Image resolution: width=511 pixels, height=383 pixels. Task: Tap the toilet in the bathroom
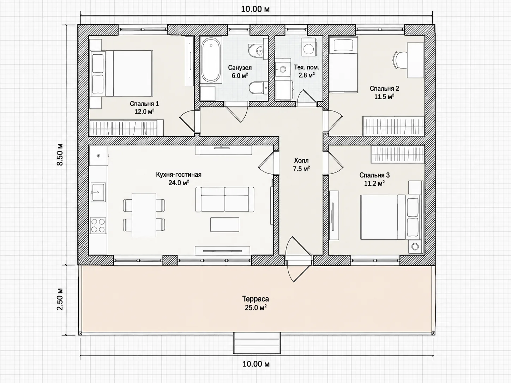point(258,88)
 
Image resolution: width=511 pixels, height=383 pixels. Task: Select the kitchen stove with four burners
point(98,226)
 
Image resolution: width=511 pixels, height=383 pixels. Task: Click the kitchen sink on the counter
point(98,192)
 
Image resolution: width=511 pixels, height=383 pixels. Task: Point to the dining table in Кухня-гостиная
point(144,215)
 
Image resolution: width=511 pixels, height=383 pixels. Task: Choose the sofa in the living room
point(225,200)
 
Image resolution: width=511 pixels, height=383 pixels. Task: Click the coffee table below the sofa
point(225,224)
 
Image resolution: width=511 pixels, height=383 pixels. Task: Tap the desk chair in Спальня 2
point(399,60)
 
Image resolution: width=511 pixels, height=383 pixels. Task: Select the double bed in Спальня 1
point(122,73)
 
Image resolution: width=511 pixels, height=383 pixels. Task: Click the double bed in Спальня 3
point(391,217)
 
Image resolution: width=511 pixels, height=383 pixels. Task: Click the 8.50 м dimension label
point(60,154)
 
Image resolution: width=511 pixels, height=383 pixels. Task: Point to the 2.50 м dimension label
point(60,299)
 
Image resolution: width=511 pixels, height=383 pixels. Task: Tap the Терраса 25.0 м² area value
point(255,308)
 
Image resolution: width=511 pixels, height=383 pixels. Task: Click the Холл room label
point(301,160)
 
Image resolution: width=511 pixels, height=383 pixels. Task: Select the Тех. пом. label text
point(307,67)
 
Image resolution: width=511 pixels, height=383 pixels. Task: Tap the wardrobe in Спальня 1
point(127,128)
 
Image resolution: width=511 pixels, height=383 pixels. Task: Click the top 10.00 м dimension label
point(255,9)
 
